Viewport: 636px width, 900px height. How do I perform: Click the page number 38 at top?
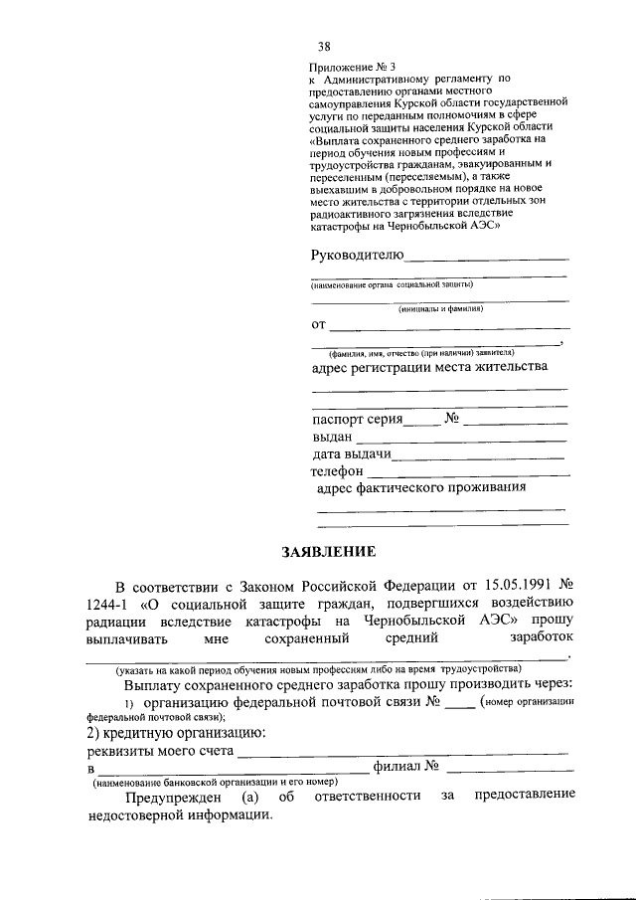click(x=324, y=46)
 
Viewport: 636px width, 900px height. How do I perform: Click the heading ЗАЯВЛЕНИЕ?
click(x=318, y=551)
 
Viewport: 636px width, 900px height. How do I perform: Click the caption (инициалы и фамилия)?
click(x=440, y=309)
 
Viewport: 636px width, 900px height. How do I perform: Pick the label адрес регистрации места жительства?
click(x=429, y=367)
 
